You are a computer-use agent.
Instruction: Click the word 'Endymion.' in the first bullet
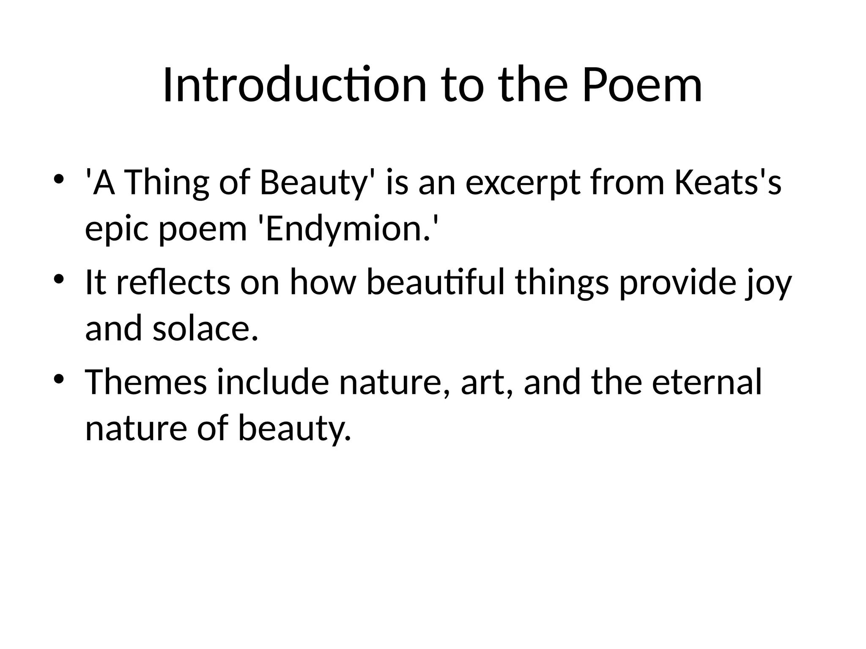tap(347, 229)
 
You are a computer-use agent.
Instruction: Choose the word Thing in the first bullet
tap(167, 184)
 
